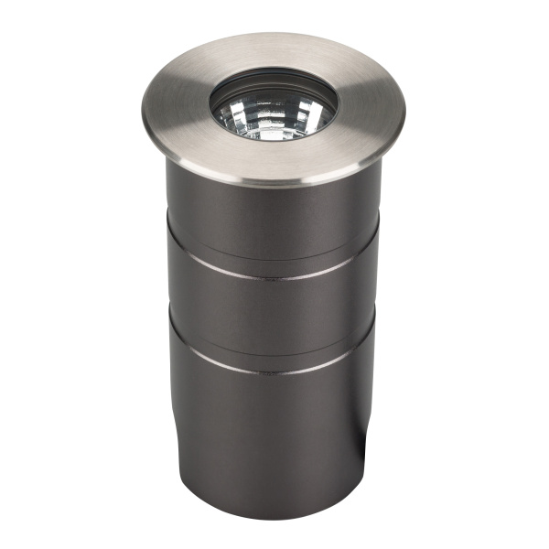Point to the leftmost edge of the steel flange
click(144, 101)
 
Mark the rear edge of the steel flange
click(274, 35)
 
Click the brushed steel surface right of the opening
click(371, 108)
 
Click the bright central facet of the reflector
click(272, 119)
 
